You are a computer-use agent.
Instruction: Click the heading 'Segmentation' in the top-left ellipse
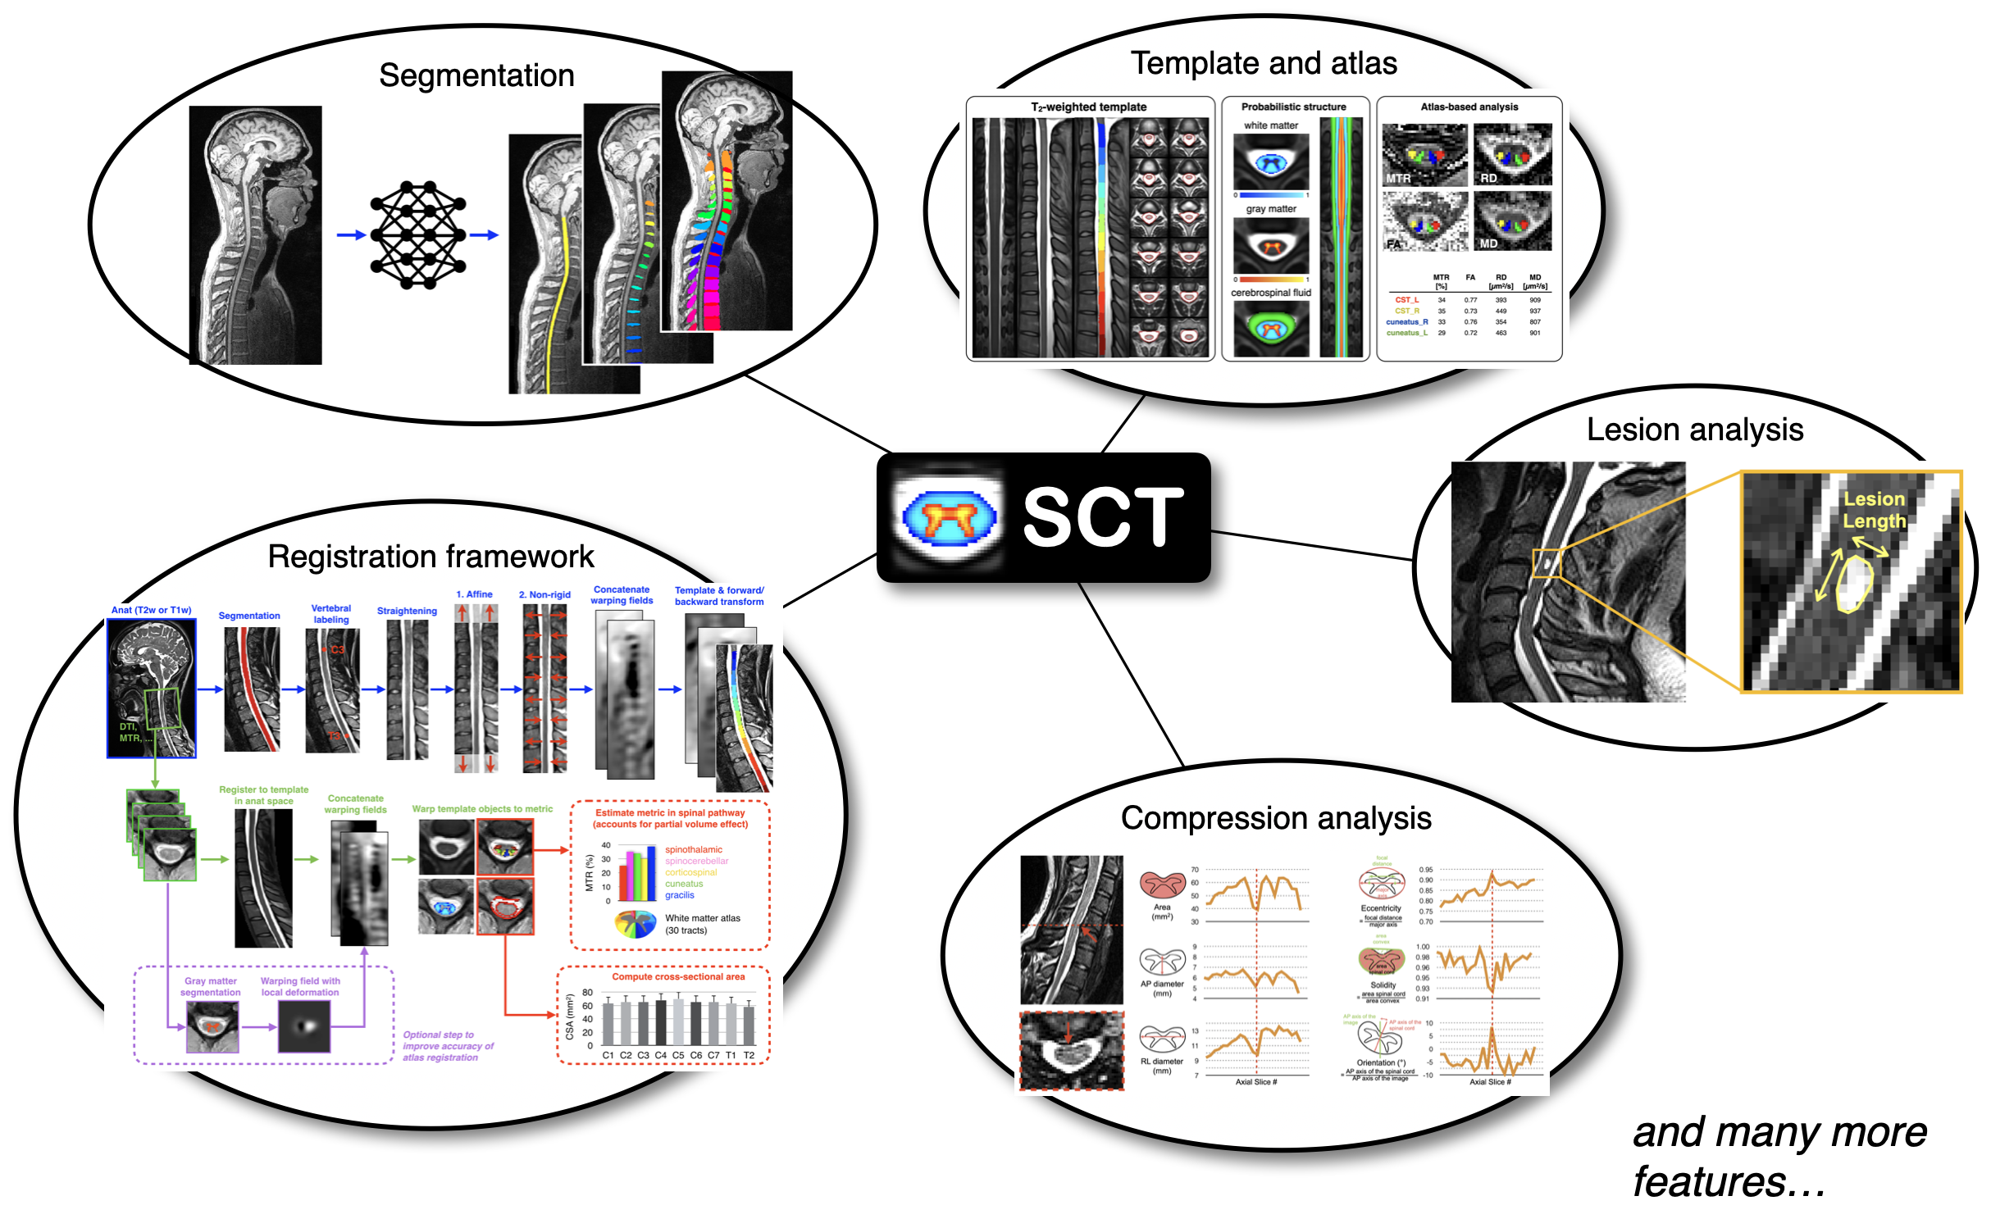pyautogui.click(x=476, y=75)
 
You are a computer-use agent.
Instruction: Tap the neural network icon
pyautogui.click(x=417, y=235)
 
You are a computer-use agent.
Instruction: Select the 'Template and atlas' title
pyautogui.click(x=1264, y=63)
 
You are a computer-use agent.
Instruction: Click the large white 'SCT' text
pyautogui.click(x=1103, y=516)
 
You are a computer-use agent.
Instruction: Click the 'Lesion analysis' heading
pyautogui.click(x=1694, y=430)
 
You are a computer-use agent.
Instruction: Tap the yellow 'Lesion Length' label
pyautogui.click(x=1874, y=510)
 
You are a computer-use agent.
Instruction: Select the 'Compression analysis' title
pyautogui.click(x=1275, y=818)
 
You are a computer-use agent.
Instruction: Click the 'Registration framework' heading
pyautogui.click(x=431, y=557)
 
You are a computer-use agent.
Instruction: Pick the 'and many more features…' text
pyautogui.click(x=1779, y=1157)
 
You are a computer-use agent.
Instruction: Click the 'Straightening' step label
pyautogui.click(x=407, y=611)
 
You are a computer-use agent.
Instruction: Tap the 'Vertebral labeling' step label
pyautogui.click(x=331, y=614)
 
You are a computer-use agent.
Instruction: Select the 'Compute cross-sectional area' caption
pyautogui.click(x=678, y=976)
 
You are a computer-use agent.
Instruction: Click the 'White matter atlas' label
pyautogui.click(x=702, y=918)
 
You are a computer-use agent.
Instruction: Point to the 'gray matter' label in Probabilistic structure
pyautogui.click(x=1271, y=209)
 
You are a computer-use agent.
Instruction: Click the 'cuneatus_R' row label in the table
pyautogui.click(x=1407, y=322)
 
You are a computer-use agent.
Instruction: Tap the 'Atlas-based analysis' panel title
pyautogui.click(x=1469, y=107)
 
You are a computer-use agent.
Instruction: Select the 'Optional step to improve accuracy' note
pyautogui.click(x=448, y=1046)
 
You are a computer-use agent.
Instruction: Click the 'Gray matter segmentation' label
pyautogui.click(x=211, y=986)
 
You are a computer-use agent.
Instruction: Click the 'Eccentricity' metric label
pyautogui.click(x=1381, y=908)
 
